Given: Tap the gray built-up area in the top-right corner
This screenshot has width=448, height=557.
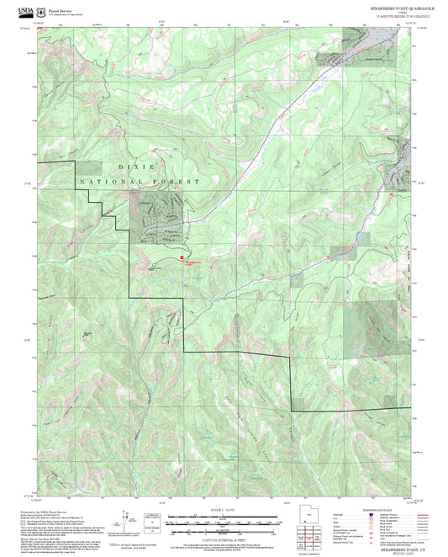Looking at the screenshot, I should (x=370, y=50).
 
